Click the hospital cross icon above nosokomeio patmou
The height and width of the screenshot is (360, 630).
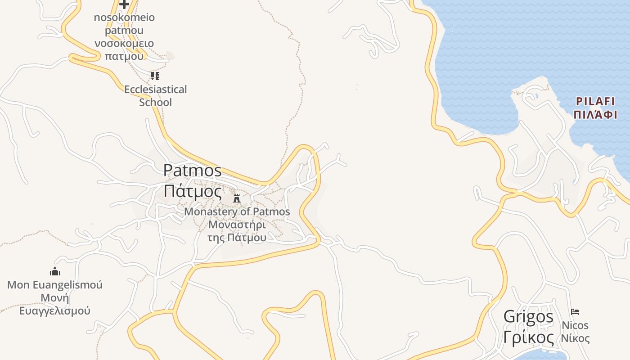[124, 4]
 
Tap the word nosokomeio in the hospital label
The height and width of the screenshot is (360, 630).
[124, 18]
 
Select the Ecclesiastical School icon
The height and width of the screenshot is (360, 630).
[155, 76]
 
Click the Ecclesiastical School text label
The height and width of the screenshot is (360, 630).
[155, 96]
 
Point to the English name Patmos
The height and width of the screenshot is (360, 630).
[193, 171]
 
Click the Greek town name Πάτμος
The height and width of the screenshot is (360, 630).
[193, 191]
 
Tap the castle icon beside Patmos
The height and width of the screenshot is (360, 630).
[237, 198]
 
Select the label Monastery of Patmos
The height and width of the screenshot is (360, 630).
[237, 211]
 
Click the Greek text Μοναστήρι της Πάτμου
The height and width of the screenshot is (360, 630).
[237, 231]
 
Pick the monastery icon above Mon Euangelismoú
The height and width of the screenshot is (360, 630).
[55, 271]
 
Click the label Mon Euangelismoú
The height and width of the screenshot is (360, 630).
[55, 285]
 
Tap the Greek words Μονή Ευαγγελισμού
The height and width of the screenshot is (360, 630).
[55, 304]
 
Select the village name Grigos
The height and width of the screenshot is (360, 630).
[528, 316]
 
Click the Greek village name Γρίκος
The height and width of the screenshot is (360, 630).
[528, 337]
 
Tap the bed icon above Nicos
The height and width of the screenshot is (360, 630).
[575, 311]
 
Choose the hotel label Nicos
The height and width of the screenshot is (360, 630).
[575, 325]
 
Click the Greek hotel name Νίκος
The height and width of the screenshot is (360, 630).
[575, 338]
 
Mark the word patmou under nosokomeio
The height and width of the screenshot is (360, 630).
[124, 31]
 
